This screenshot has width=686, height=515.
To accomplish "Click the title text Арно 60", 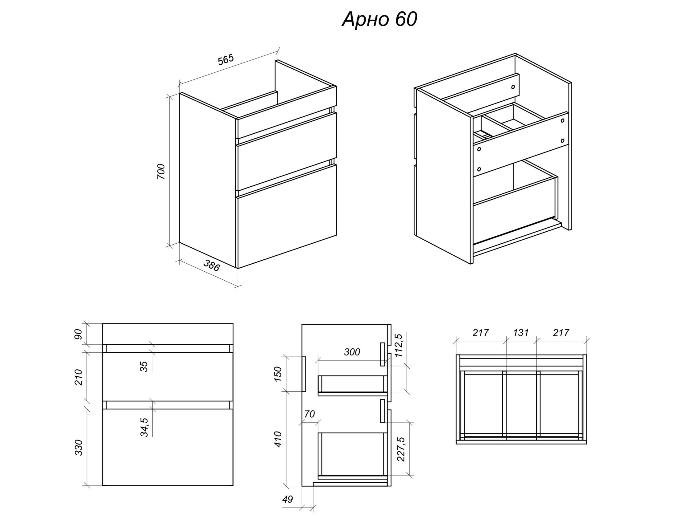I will click(379, 19).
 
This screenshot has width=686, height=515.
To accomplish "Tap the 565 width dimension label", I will click(226, 60).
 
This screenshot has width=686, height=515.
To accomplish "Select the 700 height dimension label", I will click(161, 171).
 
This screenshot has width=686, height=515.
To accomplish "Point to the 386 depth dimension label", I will click(211, 266).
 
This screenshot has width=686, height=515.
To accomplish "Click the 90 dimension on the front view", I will click(79, 334).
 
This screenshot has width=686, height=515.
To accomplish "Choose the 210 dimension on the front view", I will click(79, 377).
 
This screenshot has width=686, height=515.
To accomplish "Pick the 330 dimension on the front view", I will click(79, 447).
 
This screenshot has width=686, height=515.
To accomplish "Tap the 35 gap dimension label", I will click(144, 367).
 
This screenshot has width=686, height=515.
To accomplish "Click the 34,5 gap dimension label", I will click(144, 428).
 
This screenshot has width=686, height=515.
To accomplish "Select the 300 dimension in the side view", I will click(352, 352).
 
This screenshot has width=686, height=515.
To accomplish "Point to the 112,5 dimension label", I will click(398, 346).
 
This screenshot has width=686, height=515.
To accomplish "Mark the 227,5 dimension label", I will click(401, 449).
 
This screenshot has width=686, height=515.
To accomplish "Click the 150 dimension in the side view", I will click(278, 374).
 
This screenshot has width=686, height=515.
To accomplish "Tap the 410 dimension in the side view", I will click(278, 439).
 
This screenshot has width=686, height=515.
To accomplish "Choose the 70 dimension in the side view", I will click(310, 414).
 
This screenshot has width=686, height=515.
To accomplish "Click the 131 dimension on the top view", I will click(521, 333).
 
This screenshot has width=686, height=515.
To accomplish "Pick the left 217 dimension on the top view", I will click(481, 333).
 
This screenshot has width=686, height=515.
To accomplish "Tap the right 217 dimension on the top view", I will click(561, 333).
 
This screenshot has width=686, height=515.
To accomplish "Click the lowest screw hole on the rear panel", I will click(479, 169).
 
